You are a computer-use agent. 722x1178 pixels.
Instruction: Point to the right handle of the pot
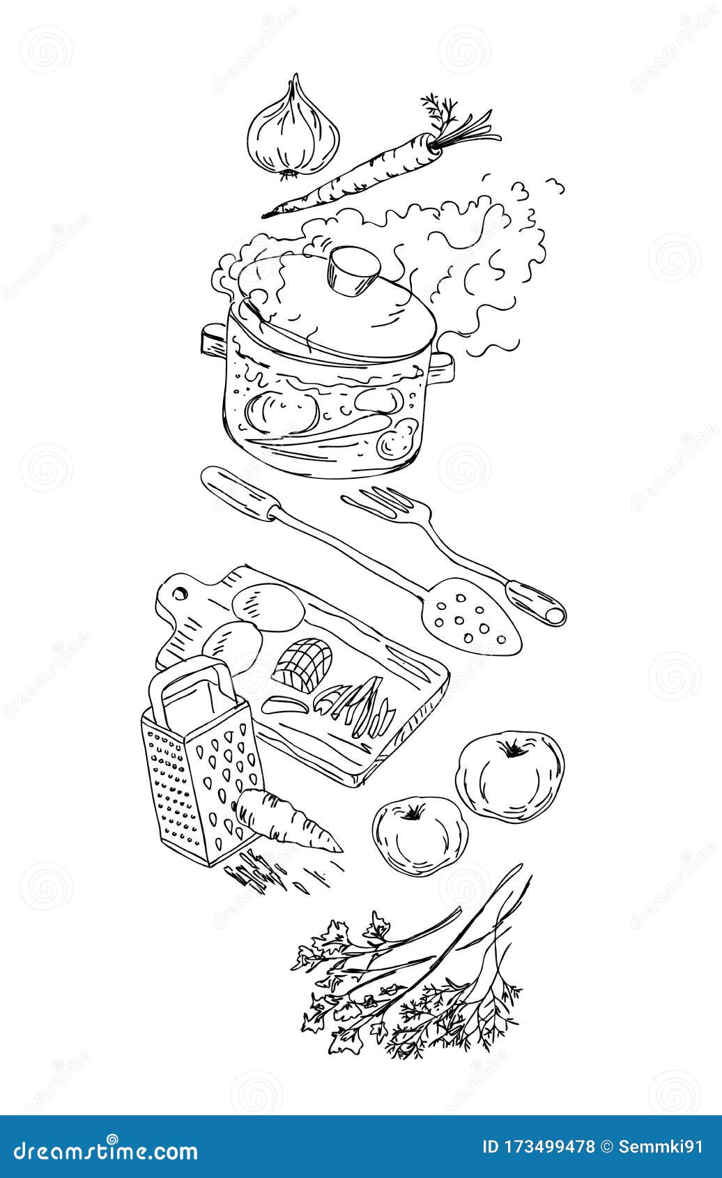coord(443,368)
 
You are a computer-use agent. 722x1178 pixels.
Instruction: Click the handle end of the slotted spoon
coord(540,602)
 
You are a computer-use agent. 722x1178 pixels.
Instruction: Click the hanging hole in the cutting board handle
coord(180,593)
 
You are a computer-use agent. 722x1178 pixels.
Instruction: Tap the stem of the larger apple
coord(514,749)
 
